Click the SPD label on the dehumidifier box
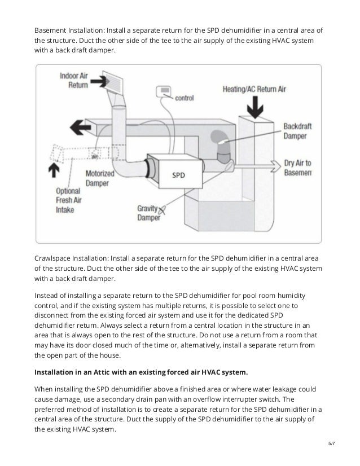[x=178, y=175]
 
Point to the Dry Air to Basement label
[x=297, y=168]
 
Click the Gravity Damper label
[x=148, y=213]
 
